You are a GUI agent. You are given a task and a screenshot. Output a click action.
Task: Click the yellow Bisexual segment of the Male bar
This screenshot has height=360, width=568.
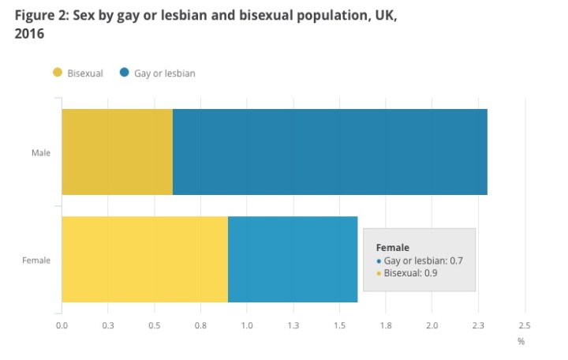tap(117, 152)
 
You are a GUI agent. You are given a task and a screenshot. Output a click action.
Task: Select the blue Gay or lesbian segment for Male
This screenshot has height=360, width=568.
tap(330, 152)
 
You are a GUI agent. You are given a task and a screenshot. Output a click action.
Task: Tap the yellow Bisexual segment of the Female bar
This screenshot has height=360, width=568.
tap(144, 259)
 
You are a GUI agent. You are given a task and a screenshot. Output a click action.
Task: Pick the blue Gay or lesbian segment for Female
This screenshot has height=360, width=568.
tap(293, 259)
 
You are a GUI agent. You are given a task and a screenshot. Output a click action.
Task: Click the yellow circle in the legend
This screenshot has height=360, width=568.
tap(57, 73)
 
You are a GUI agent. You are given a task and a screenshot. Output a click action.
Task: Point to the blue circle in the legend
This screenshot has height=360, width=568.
tap(125, 73)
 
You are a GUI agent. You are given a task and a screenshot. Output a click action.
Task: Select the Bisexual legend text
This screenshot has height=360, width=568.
tap(85, 73)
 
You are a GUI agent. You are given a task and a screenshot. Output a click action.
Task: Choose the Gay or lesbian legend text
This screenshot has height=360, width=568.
tap(164, 73)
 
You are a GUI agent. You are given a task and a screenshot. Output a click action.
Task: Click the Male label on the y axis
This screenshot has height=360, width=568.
tap(41, 152)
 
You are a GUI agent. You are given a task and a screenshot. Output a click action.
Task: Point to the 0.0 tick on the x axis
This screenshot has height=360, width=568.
tap(62, 325)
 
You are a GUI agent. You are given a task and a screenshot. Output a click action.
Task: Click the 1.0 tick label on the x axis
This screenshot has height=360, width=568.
tap(247, 325)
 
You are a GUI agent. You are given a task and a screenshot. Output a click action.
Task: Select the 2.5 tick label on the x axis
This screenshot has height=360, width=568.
tap(524, 325)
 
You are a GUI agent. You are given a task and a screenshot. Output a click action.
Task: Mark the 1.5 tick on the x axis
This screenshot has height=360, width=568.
tap(339, 325)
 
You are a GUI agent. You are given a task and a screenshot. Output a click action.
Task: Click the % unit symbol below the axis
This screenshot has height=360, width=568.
tap(521, 341)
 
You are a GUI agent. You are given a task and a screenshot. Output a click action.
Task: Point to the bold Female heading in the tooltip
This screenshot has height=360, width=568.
tap(393, 247)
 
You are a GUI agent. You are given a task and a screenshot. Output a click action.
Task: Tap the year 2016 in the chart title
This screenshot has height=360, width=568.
tap(29, 34)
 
